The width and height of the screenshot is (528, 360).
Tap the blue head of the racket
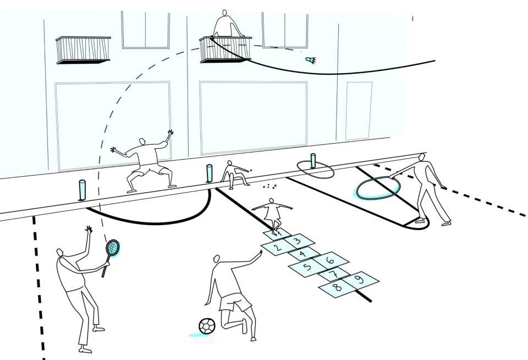tap(112, 248)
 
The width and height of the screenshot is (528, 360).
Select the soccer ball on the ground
tap(206, 326)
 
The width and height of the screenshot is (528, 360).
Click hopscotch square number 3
tap(298, 240)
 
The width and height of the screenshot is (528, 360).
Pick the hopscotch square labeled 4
tap(303, 254)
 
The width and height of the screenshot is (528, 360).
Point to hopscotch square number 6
tap(329, 260)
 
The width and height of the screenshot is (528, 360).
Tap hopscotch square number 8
tap(338, 287)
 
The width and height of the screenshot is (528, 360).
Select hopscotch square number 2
tap(278, 248)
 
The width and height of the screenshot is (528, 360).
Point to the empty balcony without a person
tap(84, 50)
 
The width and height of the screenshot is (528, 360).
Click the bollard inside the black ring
tap(313, 161)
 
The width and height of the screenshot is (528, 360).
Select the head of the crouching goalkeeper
tap(142, 141)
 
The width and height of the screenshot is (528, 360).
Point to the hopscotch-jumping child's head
tap(271, 201)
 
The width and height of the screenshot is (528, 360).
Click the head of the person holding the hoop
tap(422, 157)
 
